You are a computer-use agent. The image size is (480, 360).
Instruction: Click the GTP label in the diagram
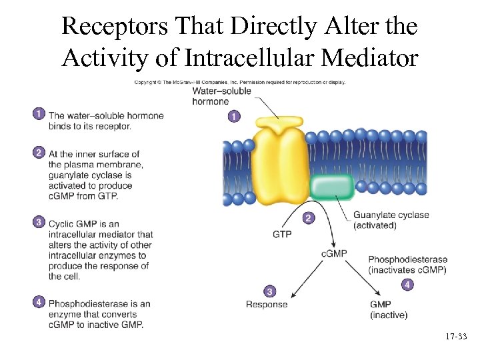pos(282,235)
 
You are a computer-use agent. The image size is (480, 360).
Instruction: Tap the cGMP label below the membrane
pos(334,254)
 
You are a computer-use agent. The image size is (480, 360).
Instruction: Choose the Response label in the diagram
pos(267,305)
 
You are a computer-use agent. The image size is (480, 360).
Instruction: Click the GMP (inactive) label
pos(388,309)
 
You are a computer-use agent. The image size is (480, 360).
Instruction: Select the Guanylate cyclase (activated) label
pos(391,220)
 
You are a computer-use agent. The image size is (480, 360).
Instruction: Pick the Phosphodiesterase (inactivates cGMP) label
pos(407,265)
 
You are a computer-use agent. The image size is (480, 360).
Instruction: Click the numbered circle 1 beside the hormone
pos(233,117)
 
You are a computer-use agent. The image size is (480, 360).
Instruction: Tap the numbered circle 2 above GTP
pos(307,218)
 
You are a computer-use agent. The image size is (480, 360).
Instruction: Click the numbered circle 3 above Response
pos(268,291)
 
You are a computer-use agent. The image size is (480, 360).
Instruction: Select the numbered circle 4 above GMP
pos(407,285)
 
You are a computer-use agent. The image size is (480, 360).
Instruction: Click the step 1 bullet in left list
pos(38,114)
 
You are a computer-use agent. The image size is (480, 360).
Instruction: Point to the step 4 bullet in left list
pos(38,302)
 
